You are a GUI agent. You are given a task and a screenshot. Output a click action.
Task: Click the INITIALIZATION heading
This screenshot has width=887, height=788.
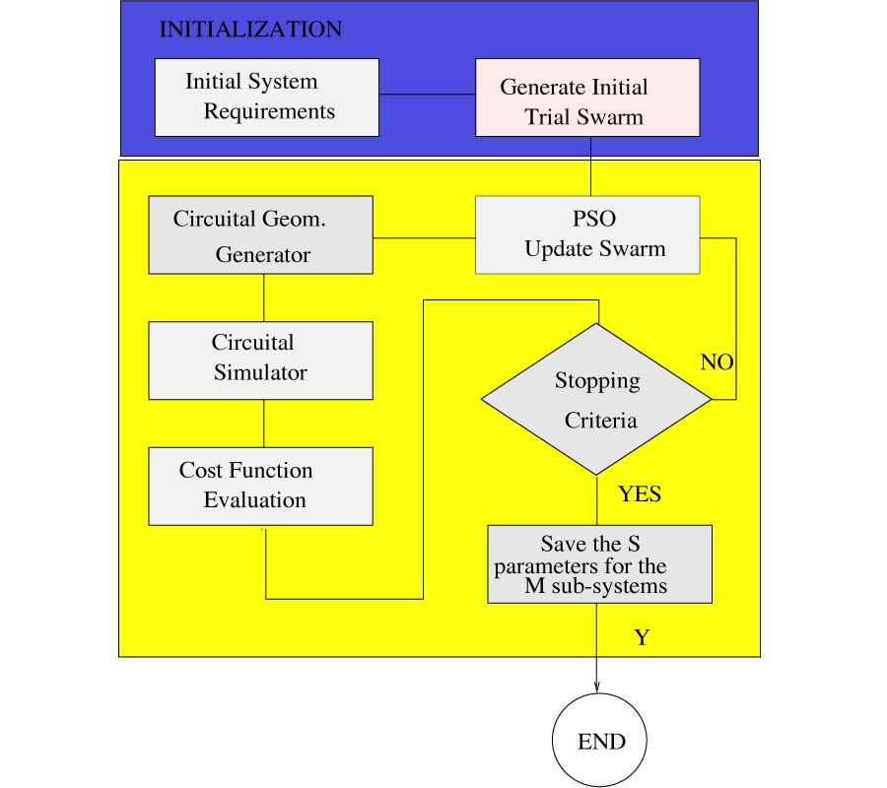point(250,30)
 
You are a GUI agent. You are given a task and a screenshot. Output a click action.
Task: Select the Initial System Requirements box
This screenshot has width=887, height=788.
point(266,97)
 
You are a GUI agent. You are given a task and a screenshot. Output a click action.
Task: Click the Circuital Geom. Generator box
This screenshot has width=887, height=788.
point(260,234)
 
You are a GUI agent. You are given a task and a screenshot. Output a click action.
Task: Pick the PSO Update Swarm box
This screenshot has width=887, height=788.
point(587,234)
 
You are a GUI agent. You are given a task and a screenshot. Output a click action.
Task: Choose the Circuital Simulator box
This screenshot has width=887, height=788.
point(260,360)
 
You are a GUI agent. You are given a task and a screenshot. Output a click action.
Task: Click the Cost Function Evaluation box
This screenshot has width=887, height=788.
point(260,486)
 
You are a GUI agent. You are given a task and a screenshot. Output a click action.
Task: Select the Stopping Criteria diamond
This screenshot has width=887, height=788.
point(595,399)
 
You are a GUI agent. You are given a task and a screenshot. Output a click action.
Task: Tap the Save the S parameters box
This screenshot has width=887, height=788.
point(599,563)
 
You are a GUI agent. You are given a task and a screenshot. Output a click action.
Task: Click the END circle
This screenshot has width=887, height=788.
point(600,741)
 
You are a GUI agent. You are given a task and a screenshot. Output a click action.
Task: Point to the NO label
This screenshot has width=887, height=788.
point(716,362)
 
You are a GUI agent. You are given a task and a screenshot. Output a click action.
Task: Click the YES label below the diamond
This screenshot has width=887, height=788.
point(640,493)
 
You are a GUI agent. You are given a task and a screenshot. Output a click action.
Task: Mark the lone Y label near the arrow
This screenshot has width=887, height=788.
point(642,638)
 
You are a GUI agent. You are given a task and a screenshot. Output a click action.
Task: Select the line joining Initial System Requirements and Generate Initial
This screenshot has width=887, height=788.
point(427,95)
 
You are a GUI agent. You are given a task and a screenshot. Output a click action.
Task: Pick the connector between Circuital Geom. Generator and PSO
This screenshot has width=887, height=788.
point(424,237)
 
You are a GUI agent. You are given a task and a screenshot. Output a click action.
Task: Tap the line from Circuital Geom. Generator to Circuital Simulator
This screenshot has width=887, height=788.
point(263,297)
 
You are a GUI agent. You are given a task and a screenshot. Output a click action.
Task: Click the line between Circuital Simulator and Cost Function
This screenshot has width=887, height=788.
point(263,423)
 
